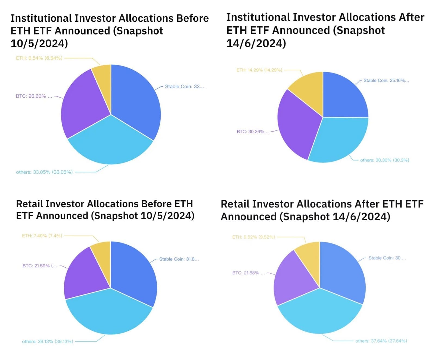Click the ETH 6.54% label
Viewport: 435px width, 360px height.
39,58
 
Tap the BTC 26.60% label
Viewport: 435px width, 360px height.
34,96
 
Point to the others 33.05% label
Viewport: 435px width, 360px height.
44,172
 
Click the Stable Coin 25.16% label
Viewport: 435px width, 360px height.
386,80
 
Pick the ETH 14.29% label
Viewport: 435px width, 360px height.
259,70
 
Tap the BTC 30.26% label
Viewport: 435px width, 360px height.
253,132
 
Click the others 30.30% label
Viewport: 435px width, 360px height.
384,160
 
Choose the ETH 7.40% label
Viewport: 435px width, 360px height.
42,236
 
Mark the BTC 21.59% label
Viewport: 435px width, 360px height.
40,266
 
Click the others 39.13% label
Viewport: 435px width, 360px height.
48,341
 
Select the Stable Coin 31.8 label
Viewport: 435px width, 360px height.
179,259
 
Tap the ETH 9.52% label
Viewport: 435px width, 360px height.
254,237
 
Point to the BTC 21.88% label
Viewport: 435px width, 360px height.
248,273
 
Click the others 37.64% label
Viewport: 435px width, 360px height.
381,341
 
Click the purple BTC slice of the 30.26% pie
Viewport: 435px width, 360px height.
296,125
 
